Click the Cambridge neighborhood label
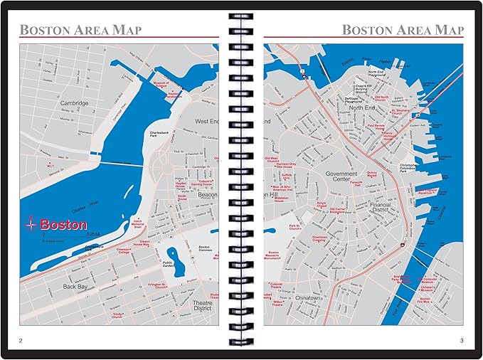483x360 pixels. (74, 103)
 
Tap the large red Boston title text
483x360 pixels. (63, 224)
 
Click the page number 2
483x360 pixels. (21, 340)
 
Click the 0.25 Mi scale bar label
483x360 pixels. (93, 233)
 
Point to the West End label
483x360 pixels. (207, 122)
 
